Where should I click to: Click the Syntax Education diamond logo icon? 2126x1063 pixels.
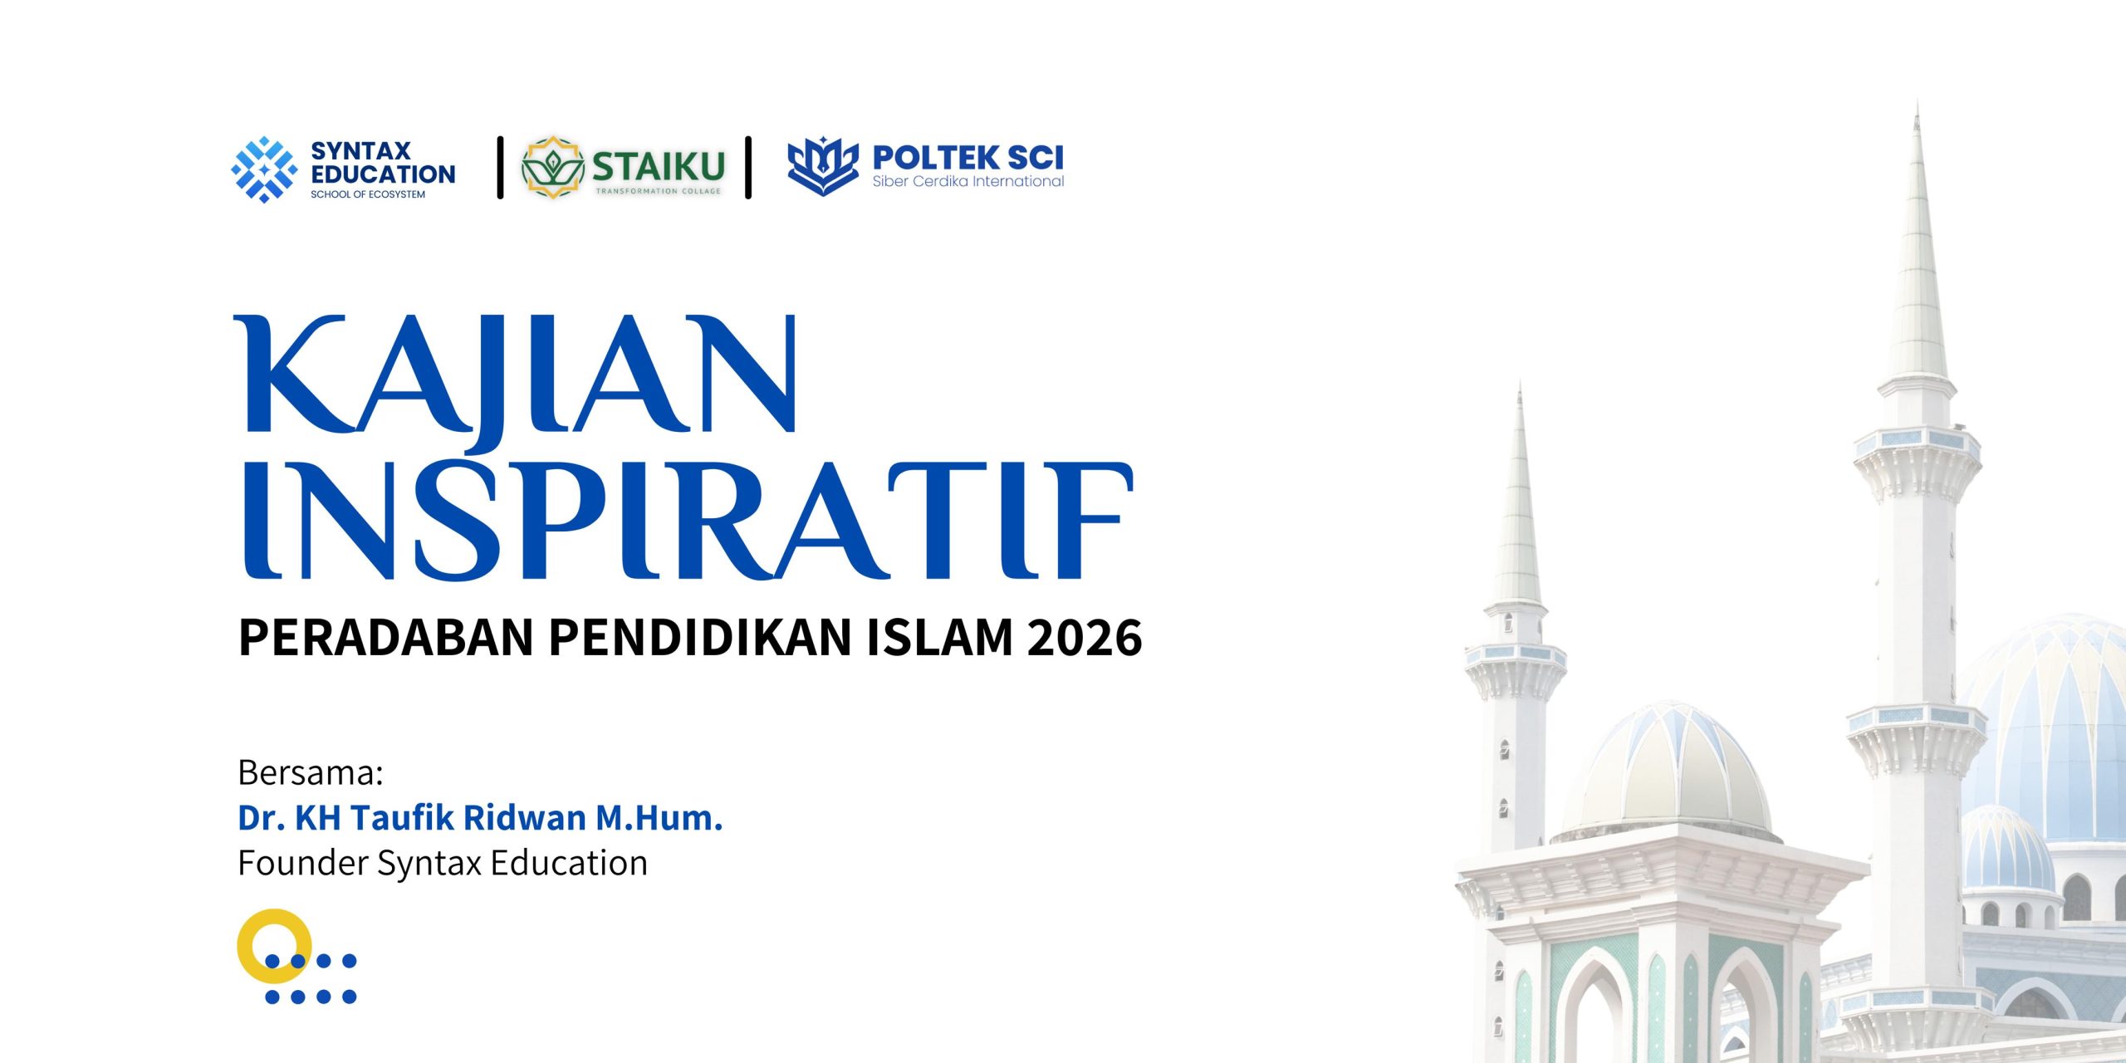coord(264,169)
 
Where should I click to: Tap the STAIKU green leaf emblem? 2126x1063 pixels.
coord(553,168)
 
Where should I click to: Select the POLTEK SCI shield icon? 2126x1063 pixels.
coord(822,166)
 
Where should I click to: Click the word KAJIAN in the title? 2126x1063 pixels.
coord(516,382)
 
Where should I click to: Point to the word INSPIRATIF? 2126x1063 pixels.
coord(688,522)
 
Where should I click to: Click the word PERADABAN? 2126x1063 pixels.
coord(385,638)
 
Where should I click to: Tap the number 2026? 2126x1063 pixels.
coord(1085,638)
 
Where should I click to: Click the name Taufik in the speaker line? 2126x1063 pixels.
coord(402,818)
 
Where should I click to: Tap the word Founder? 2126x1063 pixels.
coord(302,863)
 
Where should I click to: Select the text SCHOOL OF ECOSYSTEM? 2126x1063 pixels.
coord(368,194)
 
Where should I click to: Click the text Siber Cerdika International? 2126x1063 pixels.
coord(967,181)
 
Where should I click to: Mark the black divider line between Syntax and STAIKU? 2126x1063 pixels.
coord(500,168)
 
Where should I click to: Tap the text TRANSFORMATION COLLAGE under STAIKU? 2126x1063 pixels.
coord(658,191)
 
